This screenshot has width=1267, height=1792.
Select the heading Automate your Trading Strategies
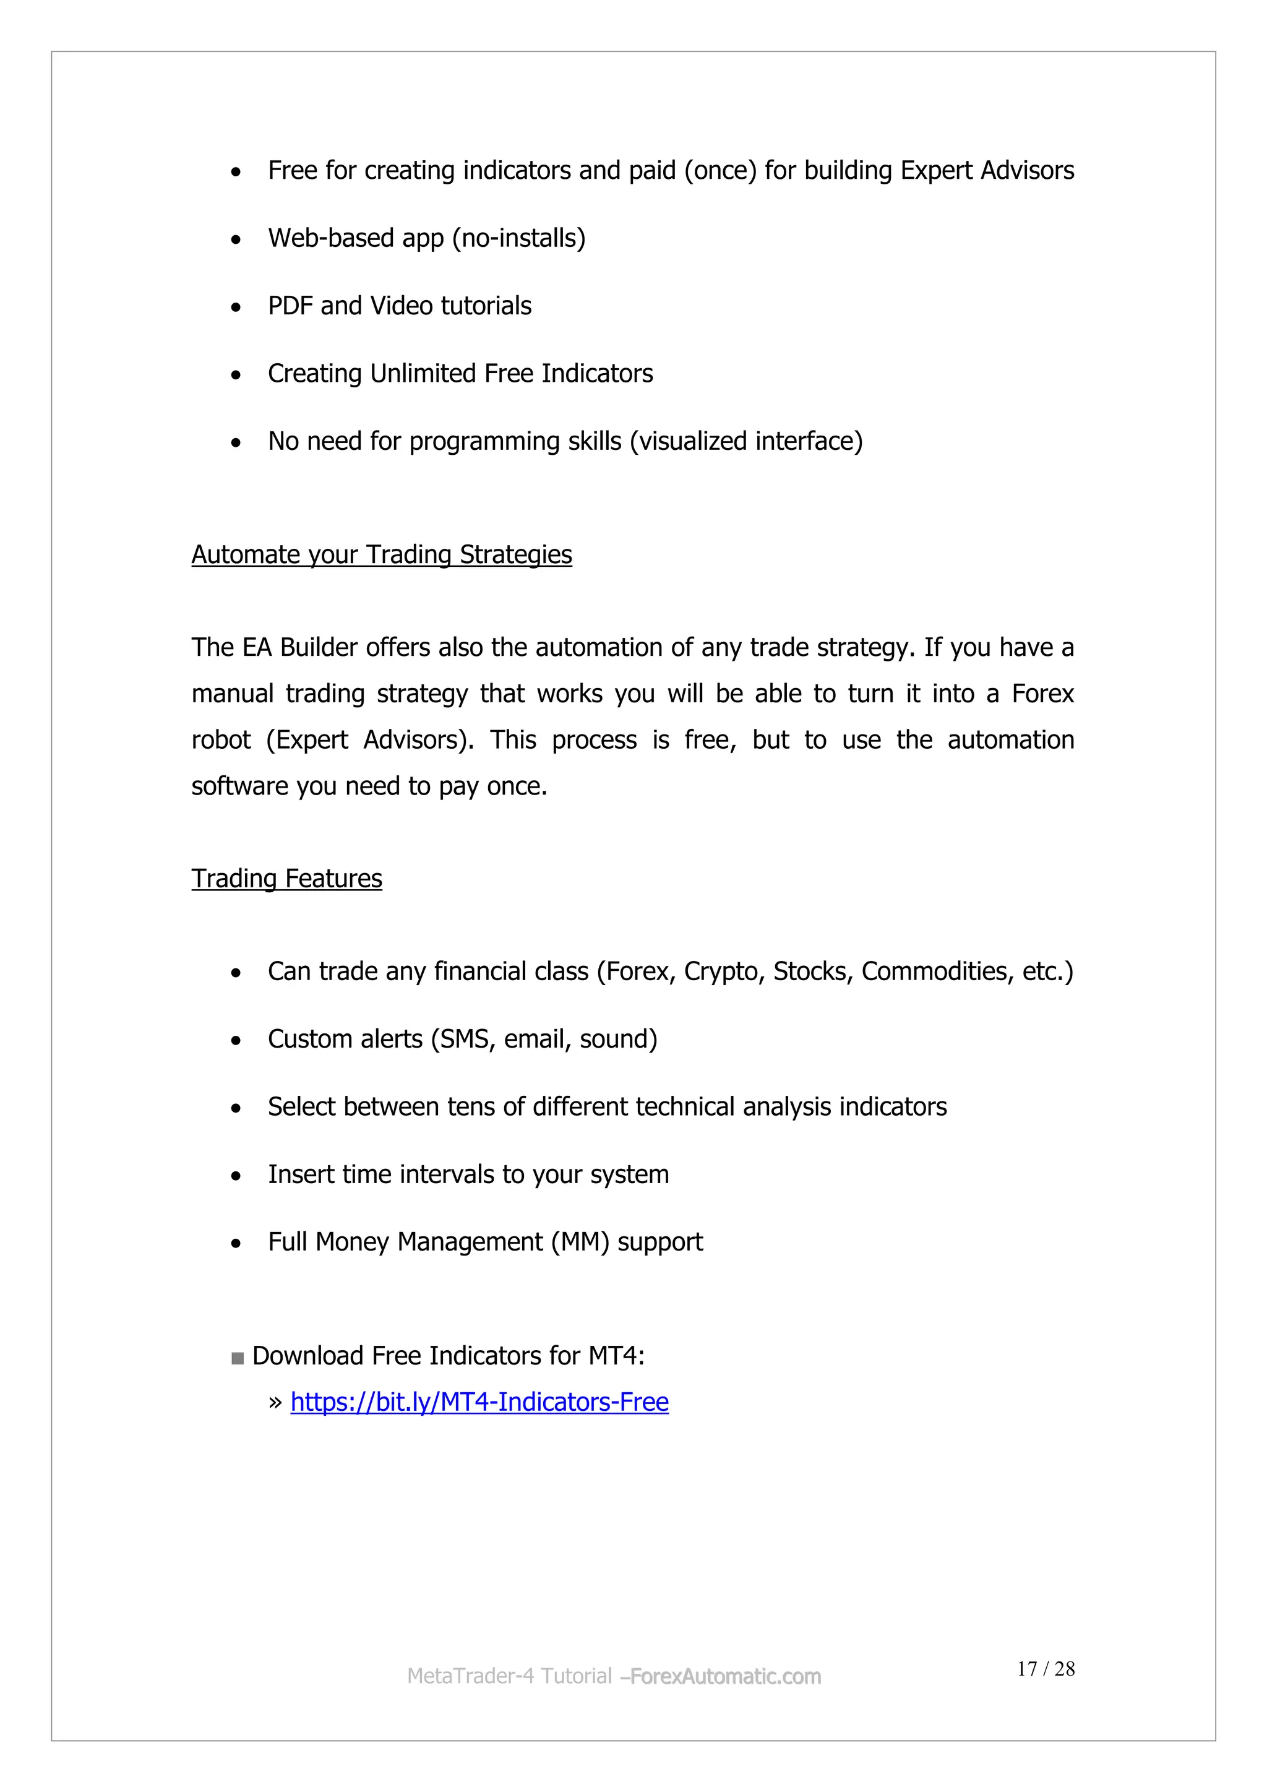[382, 554]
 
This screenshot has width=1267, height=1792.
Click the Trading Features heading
[286, 878]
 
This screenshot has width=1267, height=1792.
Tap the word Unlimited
[423, 374]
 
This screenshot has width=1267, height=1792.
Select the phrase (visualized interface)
[746, 442]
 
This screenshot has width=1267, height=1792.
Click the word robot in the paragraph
[221, 740]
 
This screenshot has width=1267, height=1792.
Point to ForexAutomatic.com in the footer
[725, 1676]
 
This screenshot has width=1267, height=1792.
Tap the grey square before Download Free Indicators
[238, 1359]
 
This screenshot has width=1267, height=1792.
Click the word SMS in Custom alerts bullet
[465, 1040]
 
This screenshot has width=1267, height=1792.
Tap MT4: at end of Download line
[616, 1356]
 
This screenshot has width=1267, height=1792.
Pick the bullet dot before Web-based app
[236, 239]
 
